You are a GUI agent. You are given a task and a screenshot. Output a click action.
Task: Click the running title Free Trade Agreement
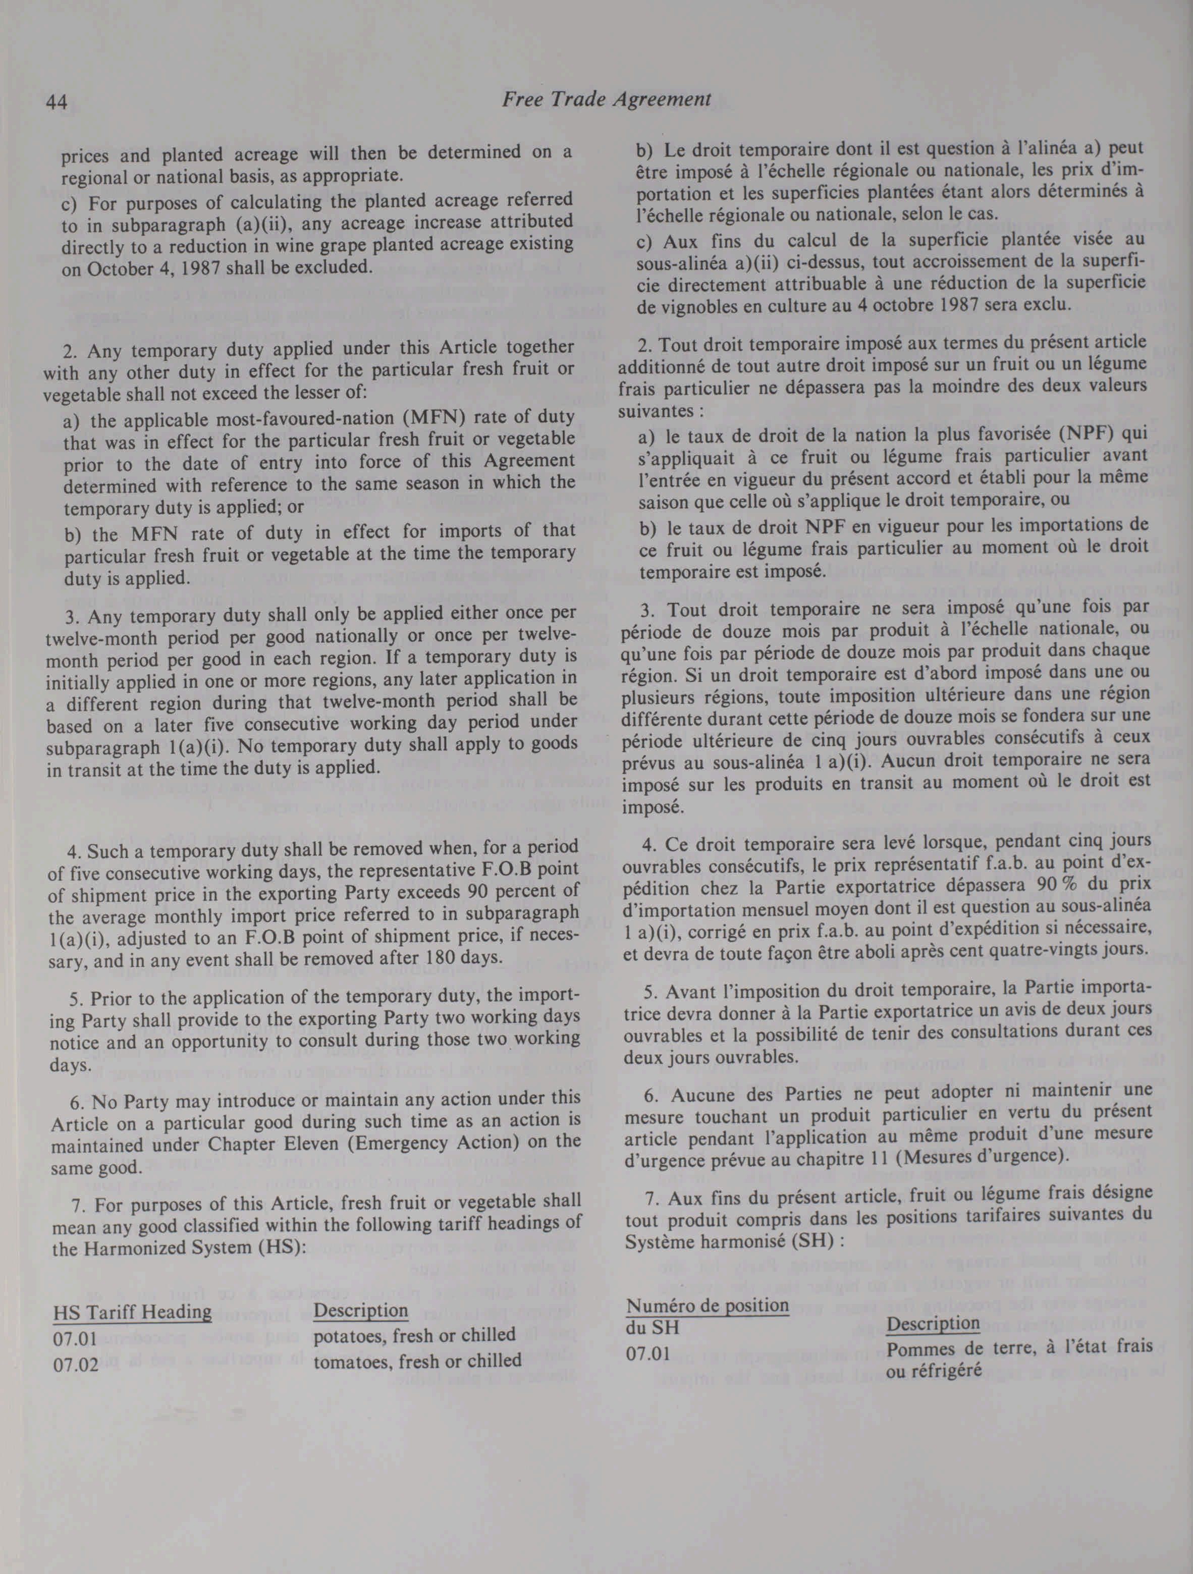click(606, 99)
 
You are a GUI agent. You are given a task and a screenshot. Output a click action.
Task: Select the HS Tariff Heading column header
click(132, 1312)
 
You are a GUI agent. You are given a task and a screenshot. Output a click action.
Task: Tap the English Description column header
click(361, 1310)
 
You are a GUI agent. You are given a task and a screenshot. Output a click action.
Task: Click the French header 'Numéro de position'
click(707, 1305)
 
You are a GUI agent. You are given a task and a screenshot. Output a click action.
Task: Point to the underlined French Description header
click(933, 1324)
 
